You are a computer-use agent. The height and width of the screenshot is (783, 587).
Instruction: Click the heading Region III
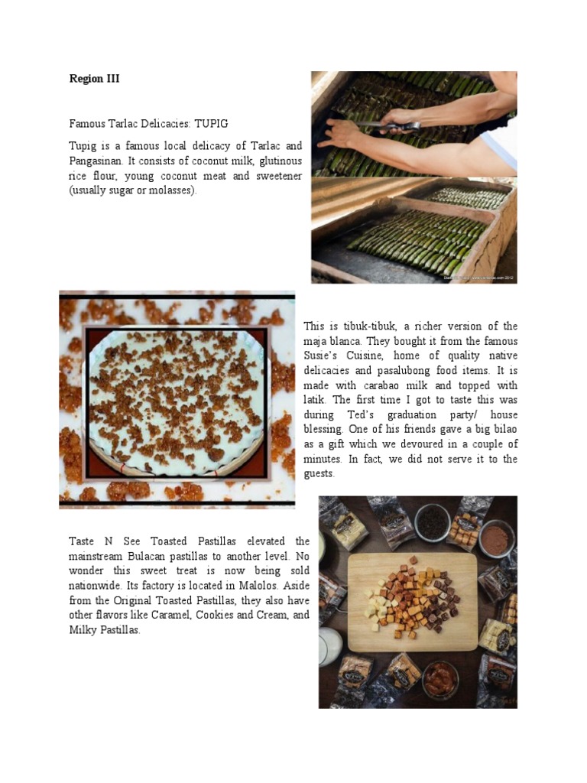coord(94,79)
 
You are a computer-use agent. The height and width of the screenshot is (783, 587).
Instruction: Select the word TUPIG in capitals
coord(211,122)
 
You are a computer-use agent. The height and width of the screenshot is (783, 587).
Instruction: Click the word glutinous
coord(277,161)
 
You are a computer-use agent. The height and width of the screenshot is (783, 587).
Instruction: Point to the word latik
coord(316,400)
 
